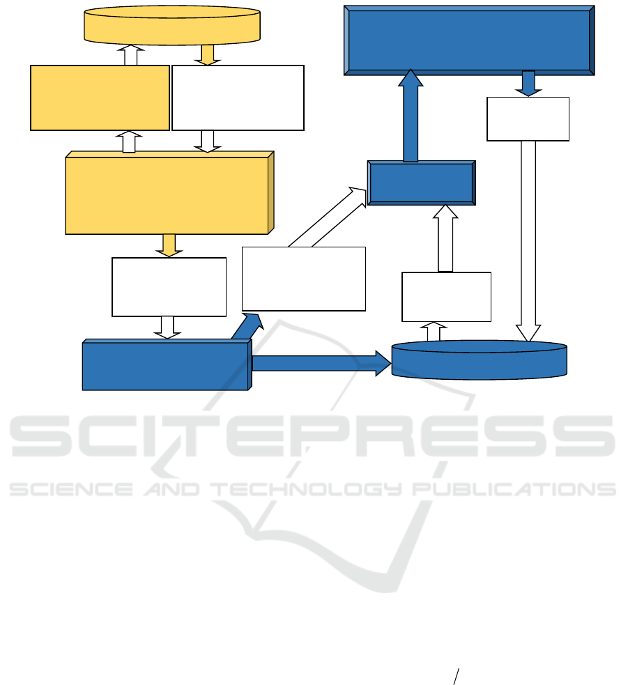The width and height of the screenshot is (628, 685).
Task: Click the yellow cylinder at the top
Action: click(x=171, y=25)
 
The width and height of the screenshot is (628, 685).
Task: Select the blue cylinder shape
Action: click(x=479, y=360)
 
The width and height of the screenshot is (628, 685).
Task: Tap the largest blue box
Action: click(x=469, y=40)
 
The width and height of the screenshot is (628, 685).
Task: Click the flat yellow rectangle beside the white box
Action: click(x=100, y=98)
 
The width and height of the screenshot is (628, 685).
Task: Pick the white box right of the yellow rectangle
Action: click(x=238, y=98)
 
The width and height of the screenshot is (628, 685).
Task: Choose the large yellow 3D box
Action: click(x=168, y=194)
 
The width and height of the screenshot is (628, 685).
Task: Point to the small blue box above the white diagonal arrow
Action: click(x=421, y=183)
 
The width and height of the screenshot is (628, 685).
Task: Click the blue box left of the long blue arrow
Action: click(x=166, y=365)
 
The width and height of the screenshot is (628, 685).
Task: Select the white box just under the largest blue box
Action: click(x=528, y=118)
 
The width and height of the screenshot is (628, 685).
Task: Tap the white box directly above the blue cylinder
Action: click(x=446, y=296)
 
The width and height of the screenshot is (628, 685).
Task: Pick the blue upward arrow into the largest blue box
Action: click(x=411, y=116)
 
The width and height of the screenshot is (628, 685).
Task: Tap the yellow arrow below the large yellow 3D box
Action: click(x=169, y=245)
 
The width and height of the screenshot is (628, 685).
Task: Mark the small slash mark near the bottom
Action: click(x=457, y=677)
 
